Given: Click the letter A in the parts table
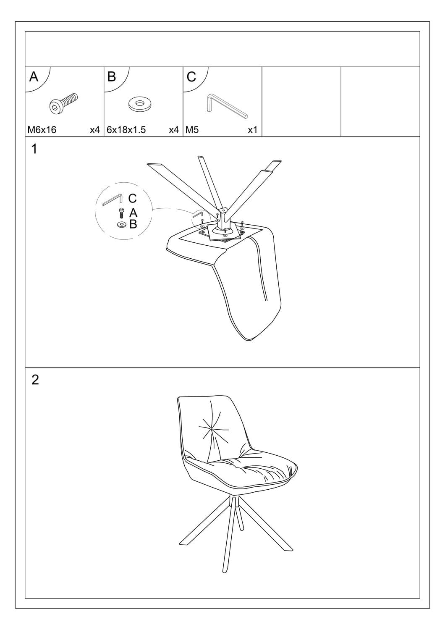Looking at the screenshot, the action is click(34, 76).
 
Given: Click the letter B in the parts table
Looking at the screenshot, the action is click(112, 76).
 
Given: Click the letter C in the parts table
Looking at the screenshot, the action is click(191, 76).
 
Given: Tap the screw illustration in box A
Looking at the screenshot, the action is click(63, 103).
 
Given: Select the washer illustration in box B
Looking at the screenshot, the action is click(139, 104).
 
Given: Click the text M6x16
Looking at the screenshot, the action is click(42, 130).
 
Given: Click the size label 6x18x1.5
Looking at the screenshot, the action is click(126, 130).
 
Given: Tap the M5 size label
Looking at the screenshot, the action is click(192, 130).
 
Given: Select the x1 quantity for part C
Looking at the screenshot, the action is click(252, 130).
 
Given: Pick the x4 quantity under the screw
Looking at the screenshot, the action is click(95, 130).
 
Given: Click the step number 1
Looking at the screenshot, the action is click(34, 149).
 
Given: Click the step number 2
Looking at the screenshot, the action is click(35, 380).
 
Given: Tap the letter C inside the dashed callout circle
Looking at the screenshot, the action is click(132, 198).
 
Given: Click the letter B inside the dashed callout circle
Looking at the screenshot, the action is click(133, 224).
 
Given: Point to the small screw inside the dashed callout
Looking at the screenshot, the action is click(121, 213).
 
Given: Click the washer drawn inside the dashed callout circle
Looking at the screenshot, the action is click(122, 224).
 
